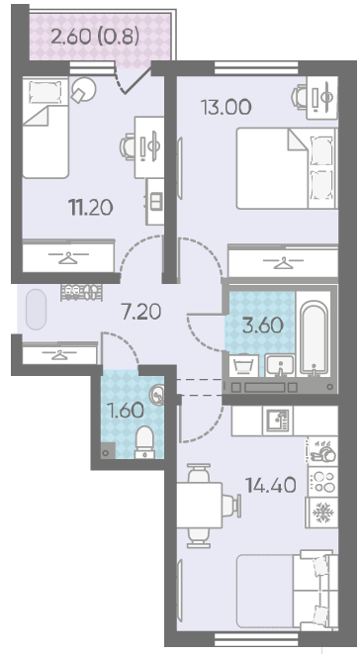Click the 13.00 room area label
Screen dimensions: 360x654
[x=226, y=107]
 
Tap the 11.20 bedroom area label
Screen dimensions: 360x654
[x=91, y=208]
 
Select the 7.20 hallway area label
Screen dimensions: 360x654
[x=141, y=312]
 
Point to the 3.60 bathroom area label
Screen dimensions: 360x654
[x=263, y=326]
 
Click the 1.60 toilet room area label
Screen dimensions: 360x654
[x=126, y=411]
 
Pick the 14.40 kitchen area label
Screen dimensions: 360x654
[x=271, y=486]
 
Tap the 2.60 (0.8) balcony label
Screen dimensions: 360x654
[x=95, y=37]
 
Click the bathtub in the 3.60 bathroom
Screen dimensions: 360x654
[x=315, y=334]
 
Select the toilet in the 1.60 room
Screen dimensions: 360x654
[x=145, y=442]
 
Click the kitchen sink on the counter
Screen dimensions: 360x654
[x=278, y=420]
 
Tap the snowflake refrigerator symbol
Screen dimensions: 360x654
[x=322, y=513]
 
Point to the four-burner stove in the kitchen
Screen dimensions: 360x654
[x=322, y=481]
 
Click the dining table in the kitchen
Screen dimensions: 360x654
[x=200, y=506]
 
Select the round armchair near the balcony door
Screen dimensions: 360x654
[x=83, y=90]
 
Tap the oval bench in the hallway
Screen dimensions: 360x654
[x=36, y=310]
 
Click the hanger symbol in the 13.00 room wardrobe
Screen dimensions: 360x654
[x=284, y=263]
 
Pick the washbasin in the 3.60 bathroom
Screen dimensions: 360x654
[x=280, y=366]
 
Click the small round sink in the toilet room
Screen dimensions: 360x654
[x=157, y=395]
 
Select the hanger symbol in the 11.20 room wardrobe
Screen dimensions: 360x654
[x=68, y=257]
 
